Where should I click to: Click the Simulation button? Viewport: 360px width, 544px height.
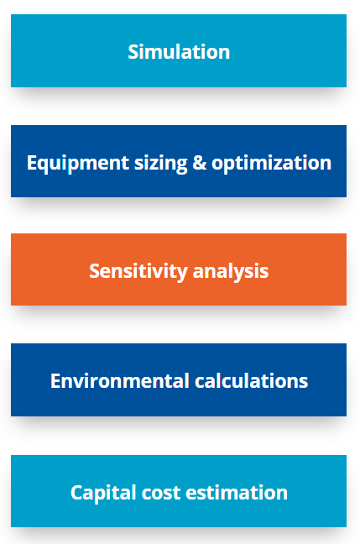coord(179,51)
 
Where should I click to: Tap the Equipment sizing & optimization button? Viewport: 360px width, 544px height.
coord(179,162)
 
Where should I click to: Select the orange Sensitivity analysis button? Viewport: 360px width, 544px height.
coord(179,271)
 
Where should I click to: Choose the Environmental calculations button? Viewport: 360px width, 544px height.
coord(179,380)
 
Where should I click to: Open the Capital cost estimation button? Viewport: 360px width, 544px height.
coord(179,492)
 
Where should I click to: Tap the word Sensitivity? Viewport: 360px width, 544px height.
coord(138,271)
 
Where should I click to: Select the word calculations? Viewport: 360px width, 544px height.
coord(251,380)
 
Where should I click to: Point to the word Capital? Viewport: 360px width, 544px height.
coord(102,492)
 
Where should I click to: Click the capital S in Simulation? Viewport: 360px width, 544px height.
coord(133,51)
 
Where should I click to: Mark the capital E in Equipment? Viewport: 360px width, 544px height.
coord(32,162)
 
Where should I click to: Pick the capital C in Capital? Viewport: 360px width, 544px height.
coord(76,492)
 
